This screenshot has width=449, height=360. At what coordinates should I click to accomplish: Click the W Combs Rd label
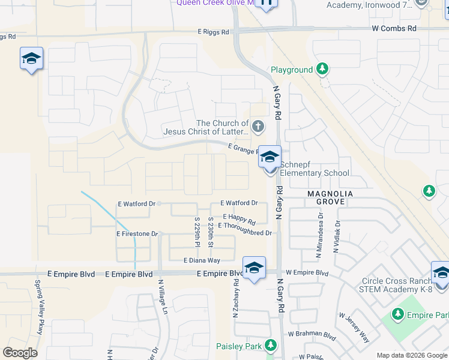pos(394,28)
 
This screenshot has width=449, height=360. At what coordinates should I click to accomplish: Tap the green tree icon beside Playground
pos(322,70)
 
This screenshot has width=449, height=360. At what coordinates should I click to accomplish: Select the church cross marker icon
pos(258,126)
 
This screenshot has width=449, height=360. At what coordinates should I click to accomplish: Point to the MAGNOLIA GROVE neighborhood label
pos(326,198)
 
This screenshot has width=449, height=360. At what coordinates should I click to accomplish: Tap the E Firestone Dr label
pos(137,233)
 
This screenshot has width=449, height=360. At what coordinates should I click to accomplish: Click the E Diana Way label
pos(202,260)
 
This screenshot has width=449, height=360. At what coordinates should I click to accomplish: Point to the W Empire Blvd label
pos(307,273)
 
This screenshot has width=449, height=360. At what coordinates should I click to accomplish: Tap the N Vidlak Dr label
pos(337,235)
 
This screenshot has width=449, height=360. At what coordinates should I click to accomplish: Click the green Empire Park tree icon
pos(397,314)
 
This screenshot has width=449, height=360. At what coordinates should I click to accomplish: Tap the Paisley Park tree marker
pos(271,346)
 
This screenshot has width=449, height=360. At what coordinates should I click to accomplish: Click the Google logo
pos(20,353)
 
